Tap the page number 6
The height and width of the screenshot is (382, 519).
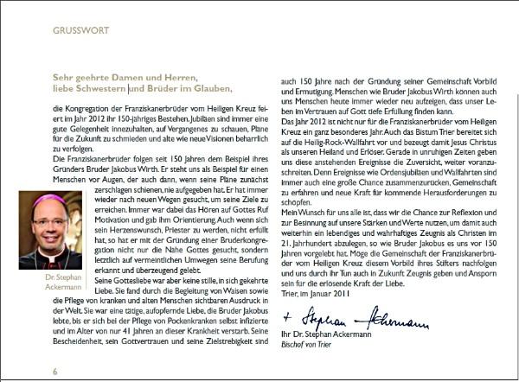point(54,369)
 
